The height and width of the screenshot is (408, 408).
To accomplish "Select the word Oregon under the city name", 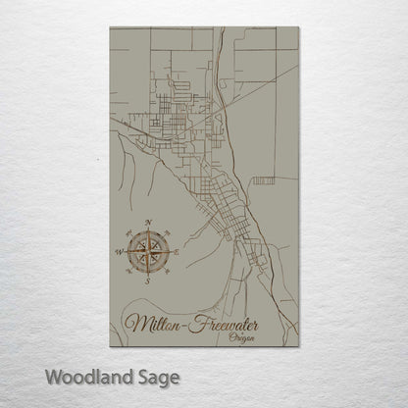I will coord(239,336).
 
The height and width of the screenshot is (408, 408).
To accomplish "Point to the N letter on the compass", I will coord(148,223).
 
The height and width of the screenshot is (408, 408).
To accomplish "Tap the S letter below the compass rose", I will coord(148,280).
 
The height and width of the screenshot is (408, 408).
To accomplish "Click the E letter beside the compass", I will coord(177,252).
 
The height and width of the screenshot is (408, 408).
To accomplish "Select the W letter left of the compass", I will coord(119,252).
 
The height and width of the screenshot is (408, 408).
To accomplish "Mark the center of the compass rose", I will coord(148,252).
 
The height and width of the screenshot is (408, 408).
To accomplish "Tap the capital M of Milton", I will coord(136,323).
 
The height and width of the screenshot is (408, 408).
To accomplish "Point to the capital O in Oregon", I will coord(228,336).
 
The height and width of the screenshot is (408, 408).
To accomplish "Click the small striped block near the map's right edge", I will coord(264,179).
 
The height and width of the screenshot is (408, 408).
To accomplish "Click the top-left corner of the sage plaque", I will coord(109,27).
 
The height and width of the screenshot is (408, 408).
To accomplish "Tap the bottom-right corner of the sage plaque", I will coord(299,348).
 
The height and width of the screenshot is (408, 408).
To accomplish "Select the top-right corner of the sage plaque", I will coord(299,27).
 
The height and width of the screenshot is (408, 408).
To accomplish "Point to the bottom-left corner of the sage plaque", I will coord(109,348).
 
